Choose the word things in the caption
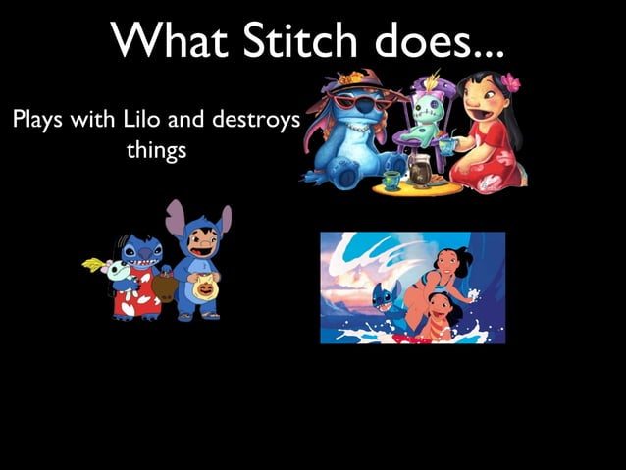pos(157,152)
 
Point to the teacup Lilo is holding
pos(447,146)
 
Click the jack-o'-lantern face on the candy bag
pos(205,286)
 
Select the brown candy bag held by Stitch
pos(166,287)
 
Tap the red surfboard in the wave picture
pos(412,336)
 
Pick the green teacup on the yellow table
pos(391,180)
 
